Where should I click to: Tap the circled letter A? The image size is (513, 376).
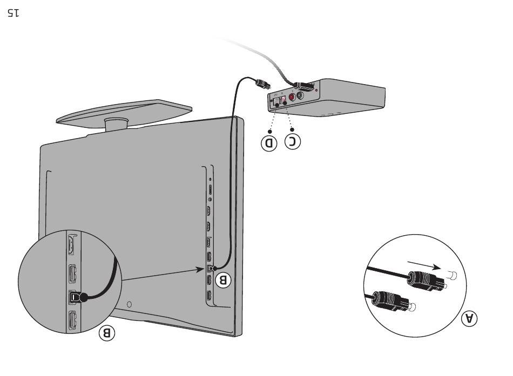coord(470,318)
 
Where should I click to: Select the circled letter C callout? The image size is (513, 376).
coord(293,141)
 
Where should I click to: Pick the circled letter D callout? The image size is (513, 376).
coord(268,143)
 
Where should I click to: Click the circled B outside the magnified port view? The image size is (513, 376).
coord(106,333)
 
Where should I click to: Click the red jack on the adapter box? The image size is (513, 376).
coord(293,97)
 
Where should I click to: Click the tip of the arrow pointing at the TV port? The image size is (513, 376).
coord(205,268)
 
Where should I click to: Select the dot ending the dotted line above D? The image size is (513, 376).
coord(277,107)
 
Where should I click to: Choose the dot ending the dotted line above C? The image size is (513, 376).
coord(286,107)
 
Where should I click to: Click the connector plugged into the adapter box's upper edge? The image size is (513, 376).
coord(303,85)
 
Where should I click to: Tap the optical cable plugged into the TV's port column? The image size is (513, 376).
coord(212,268)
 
